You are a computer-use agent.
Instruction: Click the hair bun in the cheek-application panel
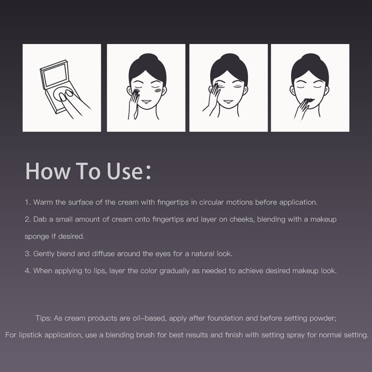point(148,58)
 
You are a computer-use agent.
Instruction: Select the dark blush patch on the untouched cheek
point(158,91)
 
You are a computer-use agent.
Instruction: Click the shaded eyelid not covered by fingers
point(238,86)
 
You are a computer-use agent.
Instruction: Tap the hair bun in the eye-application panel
point(230,58)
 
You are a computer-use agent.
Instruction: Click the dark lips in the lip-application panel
point(310,100)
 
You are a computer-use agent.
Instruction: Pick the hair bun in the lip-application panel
point(311,58)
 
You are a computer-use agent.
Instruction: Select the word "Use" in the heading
point(125,171)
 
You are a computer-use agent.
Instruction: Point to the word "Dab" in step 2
point(40,219)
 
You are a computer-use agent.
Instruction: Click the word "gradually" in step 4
point(174,271)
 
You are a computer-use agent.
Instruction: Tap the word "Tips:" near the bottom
point(43,318)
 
